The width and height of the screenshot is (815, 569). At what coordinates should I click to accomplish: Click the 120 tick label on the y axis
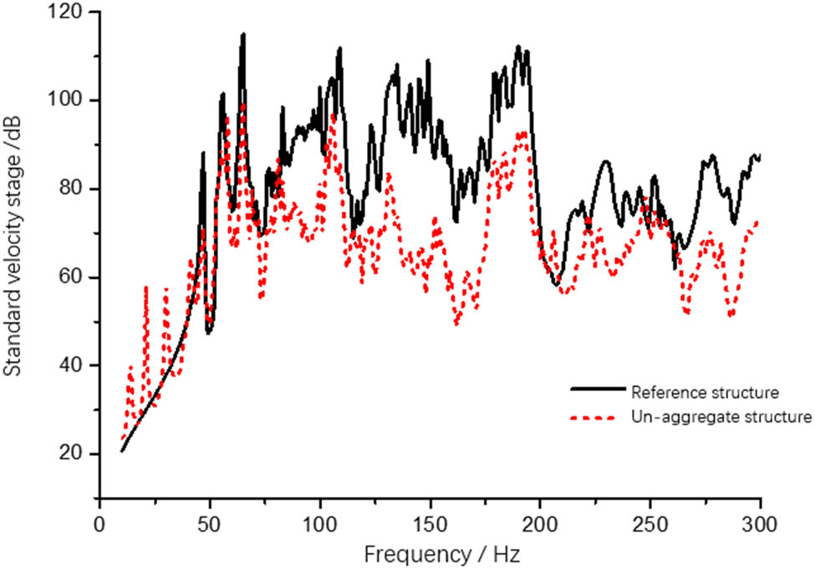pyautogui.click(x=70, y=13)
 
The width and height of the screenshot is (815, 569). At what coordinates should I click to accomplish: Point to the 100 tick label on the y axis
pyautogui.click(x=70, y=101)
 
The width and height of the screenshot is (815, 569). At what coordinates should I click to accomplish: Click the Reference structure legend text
pyautogui.click(x=705, y=392)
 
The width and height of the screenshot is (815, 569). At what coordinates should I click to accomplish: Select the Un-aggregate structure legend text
pyautogui.click(x=721, y=417)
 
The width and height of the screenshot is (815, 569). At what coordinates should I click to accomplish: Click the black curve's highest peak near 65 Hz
pyautogui.click(x=243, y=34)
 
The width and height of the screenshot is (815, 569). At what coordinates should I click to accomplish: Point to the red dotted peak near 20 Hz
pyautogui.click(x=146, y=288)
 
